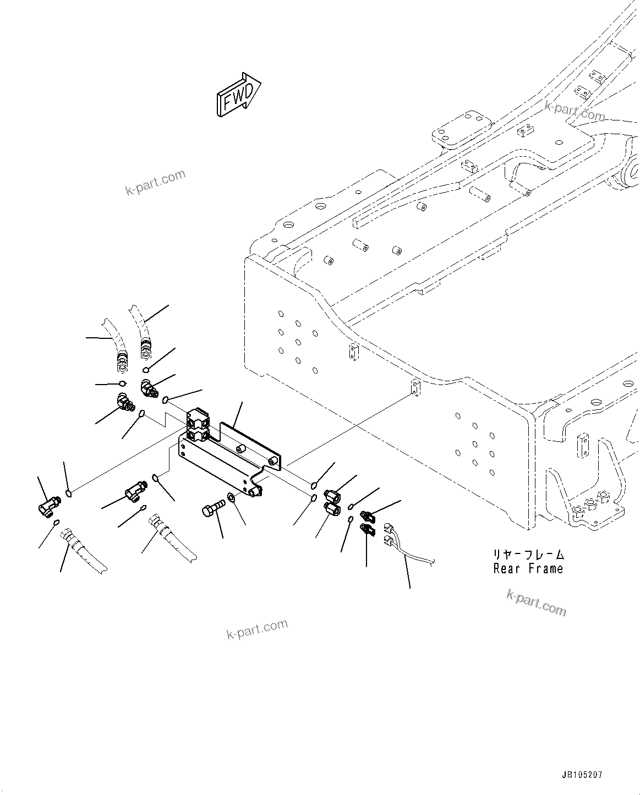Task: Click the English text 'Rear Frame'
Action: [x=528, y=568]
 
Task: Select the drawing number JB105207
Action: [x=582, y=774]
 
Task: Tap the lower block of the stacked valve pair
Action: [x=198, y=435]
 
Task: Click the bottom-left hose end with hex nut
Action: [x=69, y=536]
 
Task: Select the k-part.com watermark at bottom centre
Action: [x=257, y=629]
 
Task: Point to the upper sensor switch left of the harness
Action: [x=367, y=516]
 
